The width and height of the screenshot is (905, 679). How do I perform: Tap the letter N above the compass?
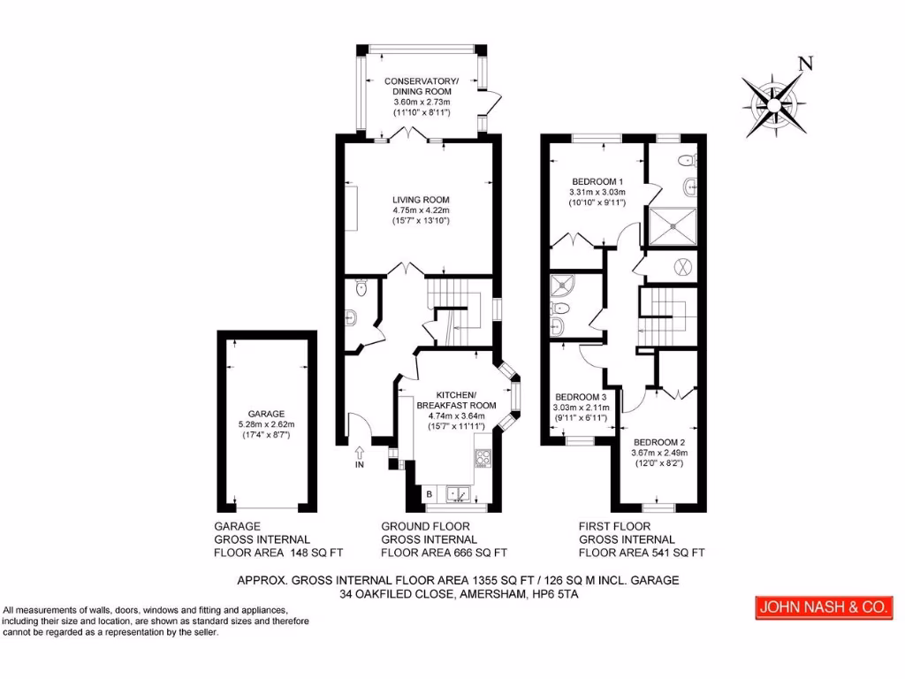pos(804,63)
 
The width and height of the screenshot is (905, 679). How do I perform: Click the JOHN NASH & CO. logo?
pos(822,608)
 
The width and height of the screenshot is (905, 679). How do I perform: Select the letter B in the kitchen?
pos(430,493)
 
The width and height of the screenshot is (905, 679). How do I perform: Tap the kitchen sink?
pos(458,493)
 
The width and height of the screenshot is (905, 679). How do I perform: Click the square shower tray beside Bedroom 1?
pos(674,224)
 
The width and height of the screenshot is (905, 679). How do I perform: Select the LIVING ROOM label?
pos(422,200)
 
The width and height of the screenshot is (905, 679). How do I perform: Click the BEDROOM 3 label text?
pos(580,397)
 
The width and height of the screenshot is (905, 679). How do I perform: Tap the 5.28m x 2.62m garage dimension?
pos(266,424)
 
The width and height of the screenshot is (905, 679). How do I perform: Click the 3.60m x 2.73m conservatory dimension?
pos(422,103)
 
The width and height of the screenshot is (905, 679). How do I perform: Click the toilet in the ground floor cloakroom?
pos(360,288)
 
